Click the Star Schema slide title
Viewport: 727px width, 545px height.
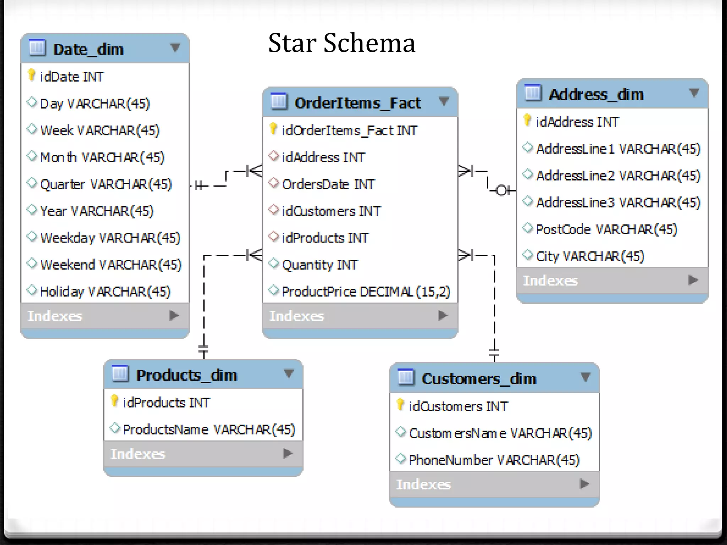[341, 43]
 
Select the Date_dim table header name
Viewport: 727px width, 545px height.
[88, 49]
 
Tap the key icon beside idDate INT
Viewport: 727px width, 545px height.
[31, 75]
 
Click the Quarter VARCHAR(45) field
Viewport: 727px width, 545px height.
[106, 184]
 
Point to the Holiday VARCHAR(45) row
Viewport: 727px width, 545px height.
[105, 292]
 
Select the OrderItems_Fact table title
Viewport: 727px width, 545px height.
[357, 103]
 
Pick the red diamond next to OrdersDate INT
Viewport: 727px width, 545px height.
[273, 183]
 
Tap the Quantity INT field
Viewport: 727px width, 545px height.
[319, 265]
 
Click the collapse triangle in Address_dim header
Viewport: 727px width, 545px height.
[694, 93]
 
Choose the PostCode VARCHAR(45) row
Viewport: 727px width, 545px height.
[606, 229]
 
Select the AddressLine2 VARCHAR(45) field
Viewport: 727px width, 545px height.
[618, 176]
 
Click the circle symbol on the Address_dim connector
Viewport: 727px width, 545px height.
[501, 191]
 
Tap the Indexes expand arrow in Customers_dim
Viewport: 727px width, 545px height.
[584, 484]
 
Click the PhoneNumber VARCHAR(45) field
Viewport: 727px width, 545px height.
[494, 460]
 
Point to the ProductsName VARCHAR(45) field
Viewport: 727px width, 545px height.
[209, 430]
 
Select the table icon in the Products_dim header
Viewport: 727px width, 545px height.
[120, 374]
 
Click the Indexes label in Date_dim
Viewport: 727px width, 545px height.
[55, 316]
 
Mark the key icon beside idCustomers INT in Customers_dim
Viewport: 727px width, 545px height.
[400, 404]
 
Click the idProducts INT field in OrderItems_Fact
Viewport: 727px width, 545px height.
[325, 238]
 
